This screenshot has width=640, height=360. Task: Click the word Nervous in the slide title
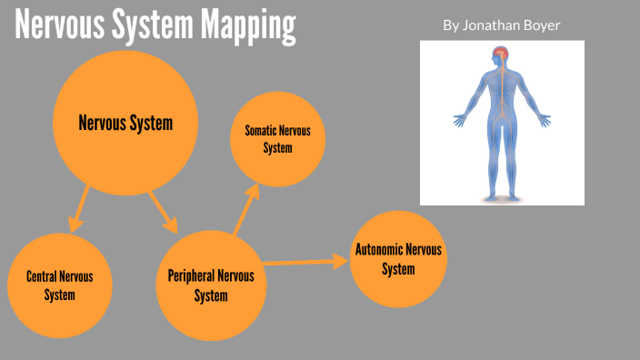[x=58, y=27]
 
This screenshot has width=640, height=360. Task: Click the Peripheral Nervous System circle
[x=211, y=285]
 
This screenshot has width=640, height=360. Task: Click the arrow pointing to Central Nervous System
[x=79, y=208]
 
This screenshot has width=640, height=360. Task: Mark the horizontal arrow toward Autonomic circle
[x=305, y=262]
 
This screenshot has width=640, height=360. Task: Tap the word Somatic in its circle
[x=260, y=131]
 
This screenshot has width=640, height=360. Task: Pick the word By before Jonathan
[x=451, y=25]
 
